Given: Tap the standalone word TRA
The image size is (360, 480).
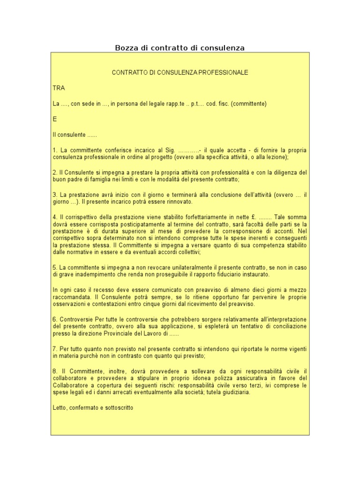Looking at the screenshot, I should [x=59, y=88].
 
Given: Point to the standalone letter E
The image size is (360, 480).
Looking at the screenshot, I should [x=55, y=119].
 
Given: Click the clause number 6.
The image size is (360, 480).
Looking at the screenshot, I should [x=55, y=319].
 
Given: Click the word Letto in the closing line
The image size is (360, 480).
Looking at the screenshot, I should [x=60, y=408].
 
